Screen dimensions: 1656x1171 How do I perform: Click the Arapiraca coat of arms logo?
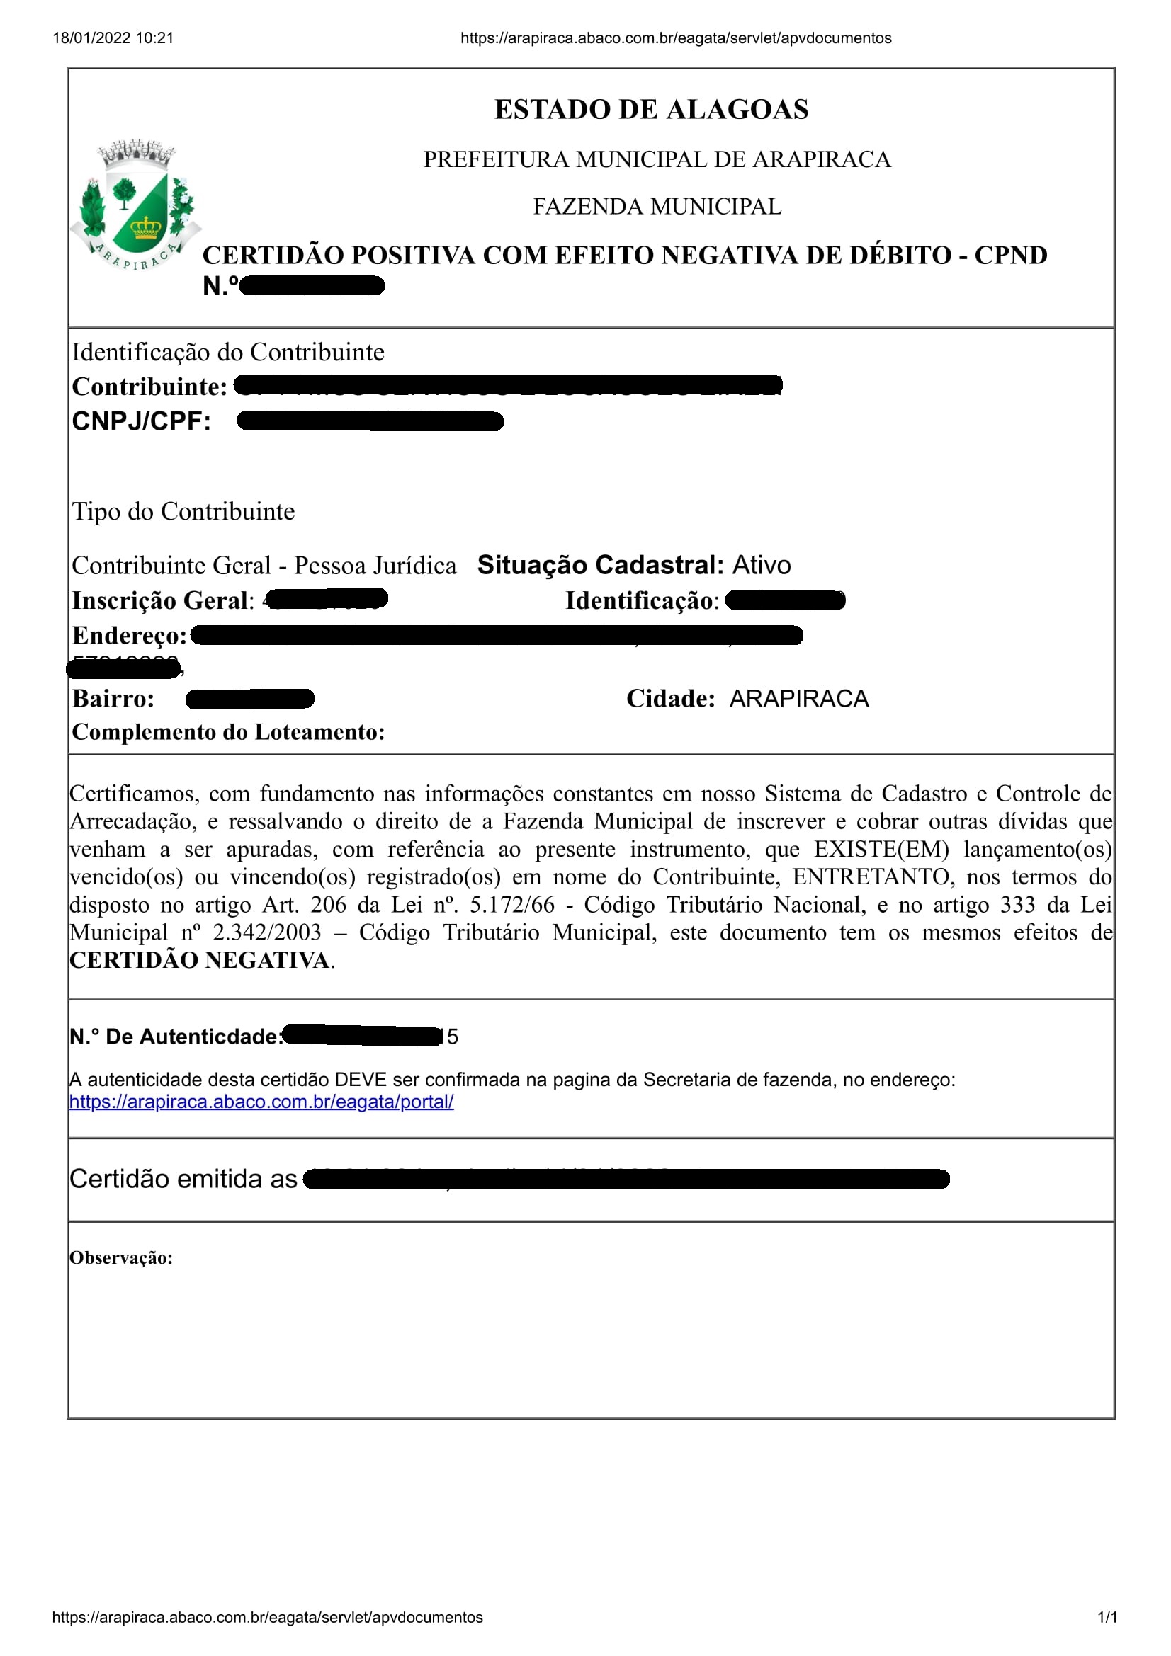(135, 206)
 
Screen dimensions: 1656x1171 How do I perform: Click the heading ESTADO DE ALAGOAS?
(651, 110)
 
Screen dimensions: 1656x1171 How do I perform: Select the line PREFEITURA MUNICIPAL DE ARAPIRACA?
(657, 159)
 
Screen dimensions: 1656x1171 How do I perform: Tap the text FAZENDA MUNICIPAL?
(657, 207)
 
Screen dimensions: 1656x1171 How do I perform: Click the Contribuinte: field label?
(149, 387)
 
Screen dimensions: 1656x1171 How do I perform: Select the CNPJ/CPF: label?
(142, 421)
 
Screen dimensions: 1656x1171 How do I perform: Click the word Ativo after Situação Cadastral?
(762, 565)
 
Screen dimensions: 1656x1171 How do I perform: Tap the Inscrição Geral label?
(162, 601)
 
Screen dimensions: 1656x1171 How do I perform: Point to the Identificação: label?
(641, 601)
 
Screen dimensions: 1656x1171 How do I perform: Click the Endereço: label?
(129, 635)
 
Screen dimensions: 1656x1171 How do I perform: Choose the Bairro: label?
(113, 699)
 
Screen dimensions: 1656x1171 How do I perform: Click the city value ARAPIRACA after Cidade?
(798, 699)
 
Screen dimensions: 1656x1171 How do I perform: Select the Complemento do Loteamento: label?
(228, 732)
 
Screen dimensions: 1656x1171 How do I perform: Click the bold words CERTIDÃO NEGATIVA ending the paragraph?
(199, 961)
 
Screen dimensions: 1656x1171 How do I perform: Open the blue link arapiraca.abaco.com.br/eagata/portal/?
(261, 1102)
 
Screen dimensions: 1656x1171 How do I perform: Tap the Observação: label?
(121, 1259)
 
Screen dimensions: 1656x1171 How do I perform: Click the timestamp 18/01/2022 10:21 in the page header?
(113, 38)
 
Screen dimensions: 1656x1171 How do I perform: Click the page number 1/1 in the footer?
(1107, 1618)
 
